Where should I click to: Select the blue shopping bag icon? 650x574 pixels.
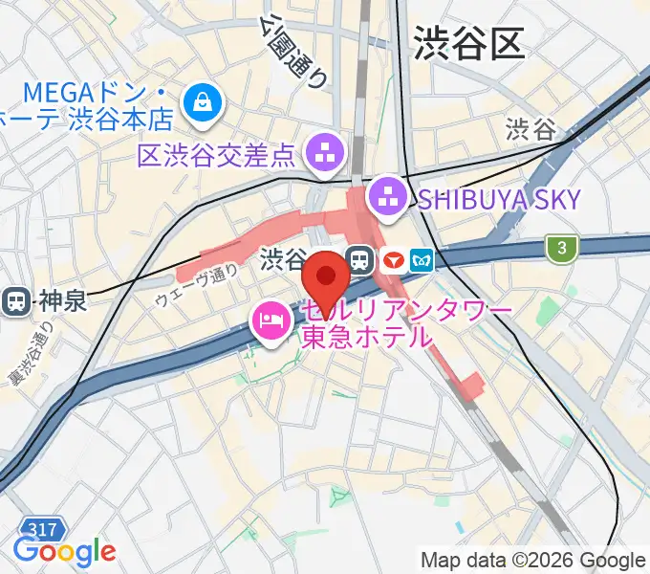pos(204,100)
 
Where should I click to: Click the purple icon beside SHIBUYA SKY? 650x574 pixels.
pos(390,198)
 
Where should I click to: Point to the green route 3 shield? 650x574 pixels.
pos(563,249)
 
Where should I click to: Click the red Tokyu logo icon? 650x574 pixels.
pos(391,259)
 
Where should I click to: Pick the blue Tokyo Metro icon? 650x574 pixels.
pos(422,259)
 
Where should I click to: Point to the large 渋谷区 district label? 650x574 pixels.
pos(468,45)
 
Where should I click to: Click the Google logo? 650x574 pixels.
pos(64,551)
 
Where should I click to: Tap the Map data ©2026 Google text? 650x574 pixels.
pos(533,560)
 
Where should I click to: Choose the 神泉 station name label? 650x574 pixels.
pos(63,301)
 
